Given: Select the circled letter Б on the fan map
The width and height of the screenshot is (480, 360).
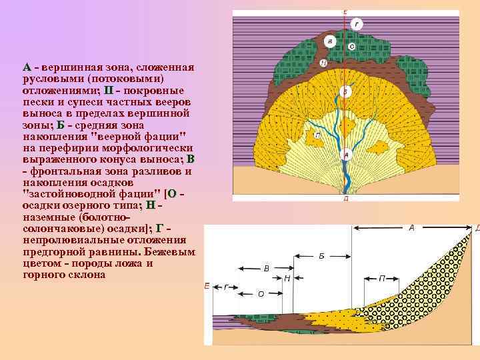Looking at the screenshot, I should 345,91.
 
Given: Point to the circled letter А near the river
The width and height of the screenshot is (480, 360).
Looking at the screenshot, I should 345,155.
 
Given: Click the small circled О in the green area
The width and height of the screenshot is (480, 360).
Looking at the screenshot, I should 351,47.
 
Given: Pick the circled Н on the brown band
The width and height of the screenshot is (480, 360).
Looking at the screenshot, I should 324,64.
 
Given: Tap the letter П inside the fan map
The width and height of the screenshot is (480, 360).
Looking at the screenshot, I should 317,135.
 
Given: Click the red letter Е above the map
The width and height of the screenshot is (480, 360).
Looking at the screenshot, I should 345,11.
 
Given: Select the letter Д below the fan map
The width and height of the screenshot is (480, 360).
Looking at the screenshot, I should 345,199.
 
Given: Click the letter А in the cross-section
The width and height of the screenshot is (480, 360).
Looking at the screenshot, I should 411,228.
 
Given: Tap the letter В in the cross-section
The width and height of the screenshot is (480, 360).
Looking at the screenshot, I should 266,269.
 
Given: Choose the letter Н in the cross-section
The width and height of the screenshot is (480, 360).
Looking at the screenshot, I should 287,278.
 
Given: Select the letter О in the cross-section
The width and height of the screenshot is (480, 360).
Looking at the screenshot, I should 261,293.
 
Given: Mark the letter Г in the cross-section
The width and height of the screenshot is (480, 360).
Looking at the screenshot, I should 227,287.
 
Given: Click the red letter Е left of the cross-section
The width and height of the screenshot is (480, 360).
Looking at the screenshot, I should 207,286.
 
